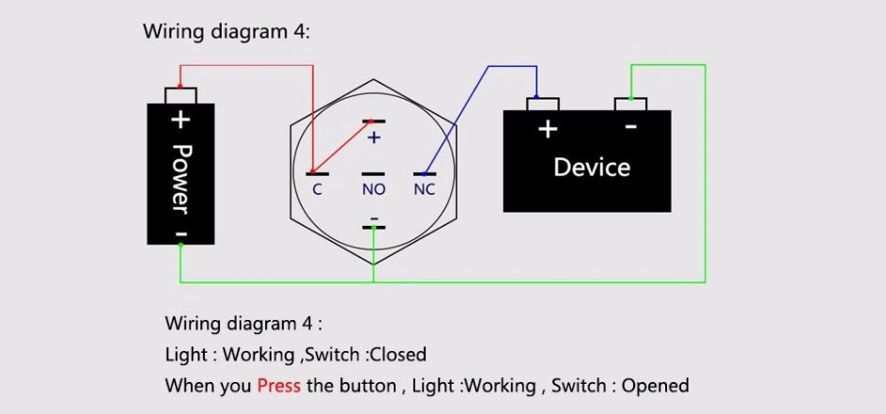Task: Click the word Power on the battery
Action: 180,180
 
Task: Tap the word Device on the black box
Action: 592,167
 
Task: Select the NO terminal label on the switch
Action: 374,190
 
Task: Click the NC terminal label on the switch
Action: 425,190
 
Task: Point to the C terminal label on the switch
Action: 317,190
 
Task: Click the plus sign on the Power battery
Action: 180,119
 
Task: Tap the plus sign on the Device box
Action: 548,130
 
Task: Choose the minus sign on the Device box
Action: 631,126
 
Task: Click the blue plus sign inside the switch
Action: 374,137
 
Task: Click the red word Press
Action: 278,387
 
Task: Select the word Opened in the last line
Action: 656,387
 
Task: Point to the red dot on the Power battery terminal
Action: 180,88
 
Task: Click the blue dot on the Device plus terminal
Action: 536,97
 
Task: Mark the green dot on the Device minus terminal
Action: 630,98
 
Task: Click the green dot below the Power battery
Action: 180,245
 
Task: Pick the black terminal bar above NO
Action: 374,174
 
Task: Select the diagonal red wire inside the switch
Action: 341,147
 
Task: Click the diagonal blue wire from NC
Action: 457,119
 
